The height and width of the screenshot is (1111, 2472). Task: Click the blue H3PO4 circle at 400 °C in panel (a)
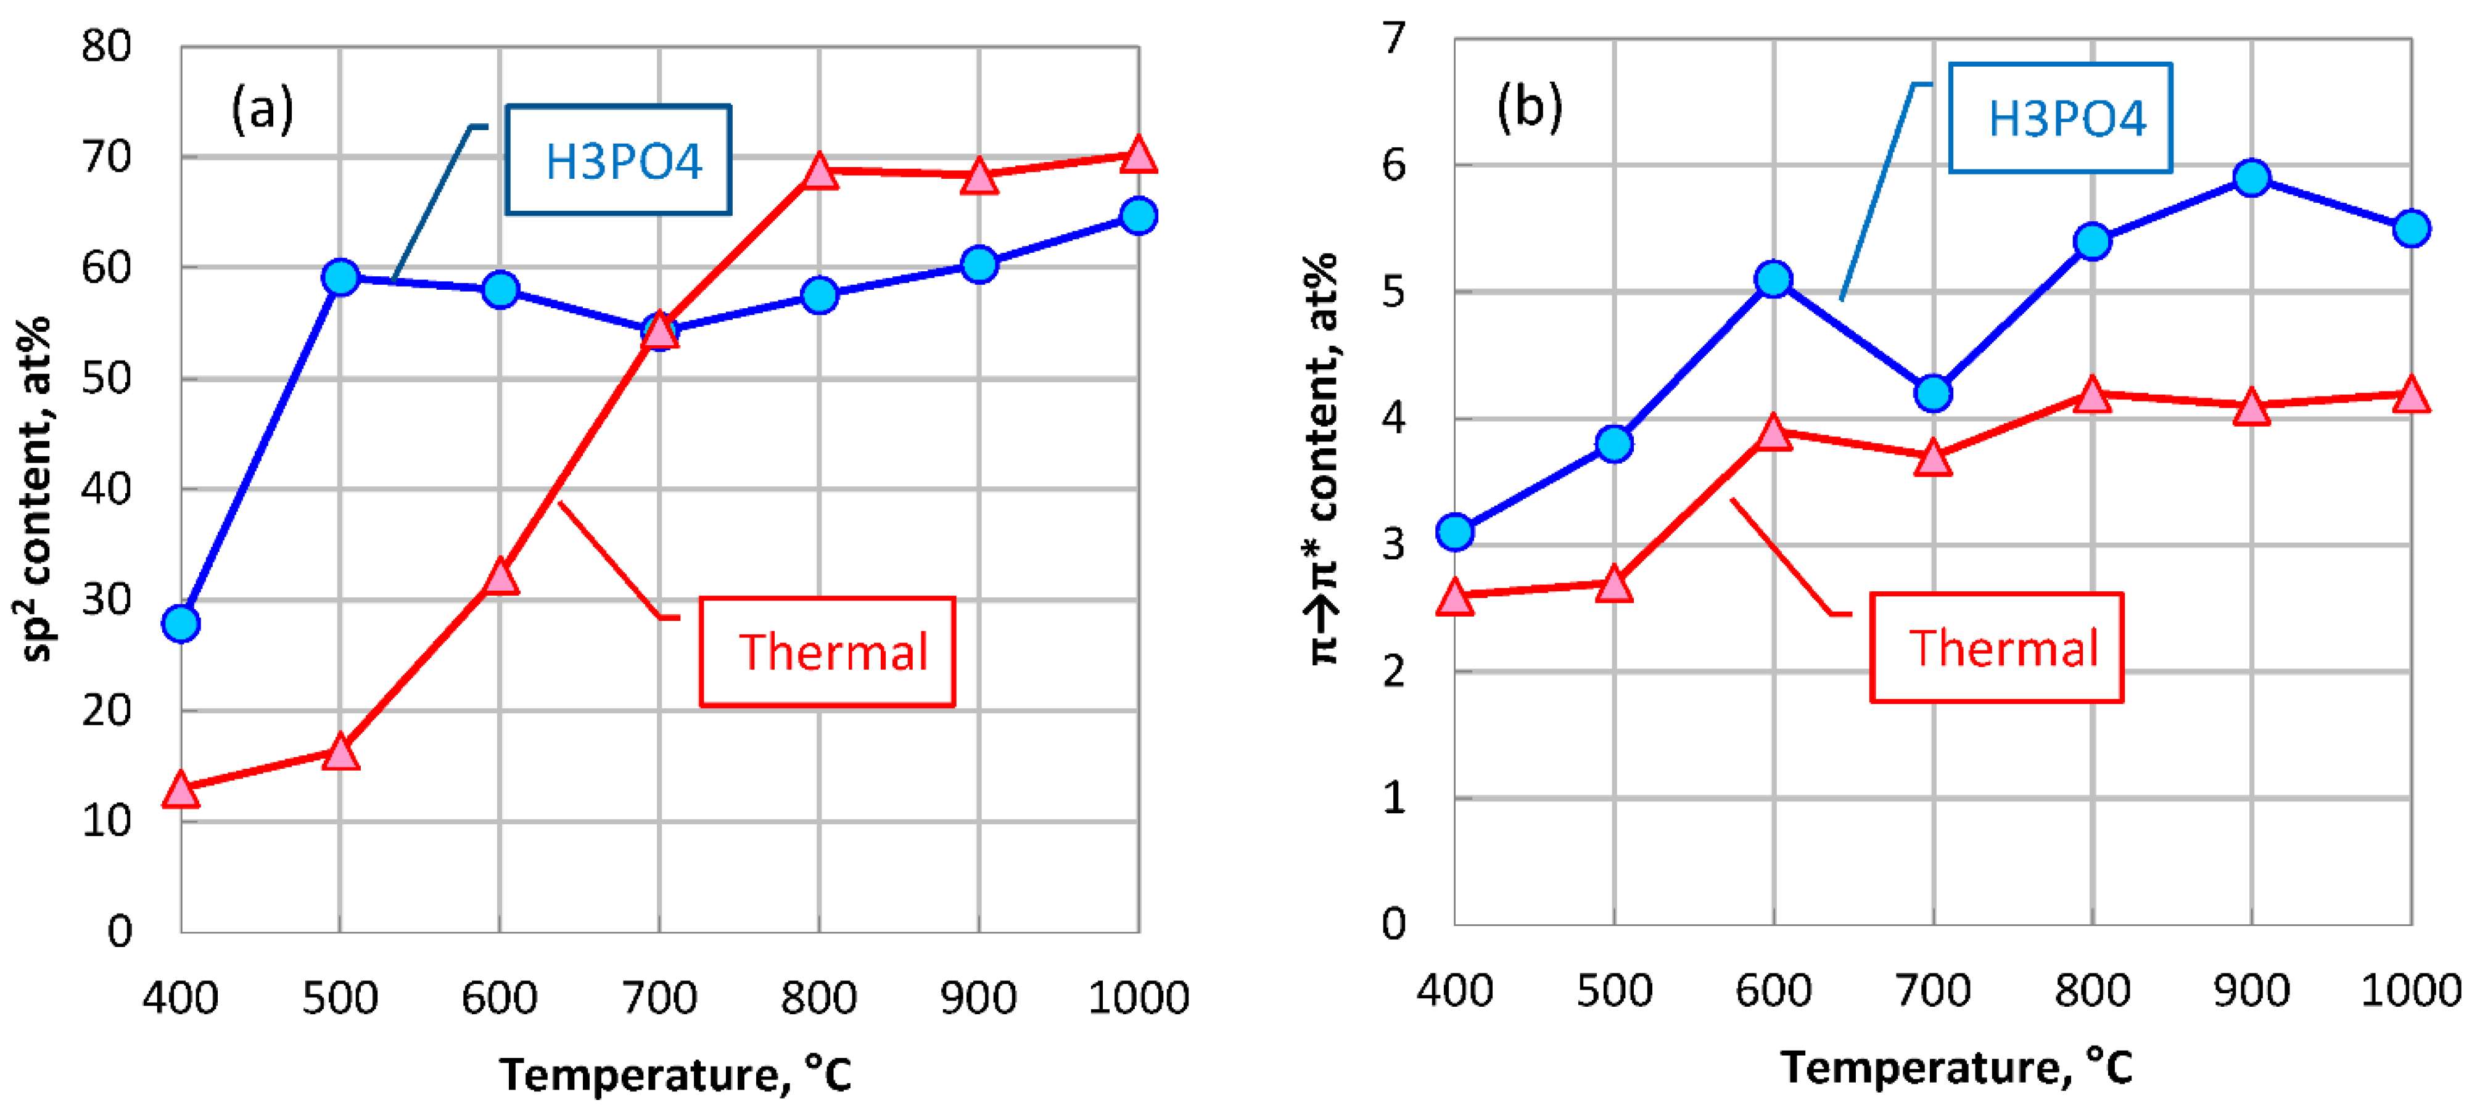[181, 623]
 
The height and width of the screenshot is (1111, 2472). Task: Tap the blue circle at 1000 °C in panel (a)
[1138, 216]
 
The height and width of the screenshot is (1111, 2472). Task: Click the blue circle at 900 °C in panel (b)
[2251, 178]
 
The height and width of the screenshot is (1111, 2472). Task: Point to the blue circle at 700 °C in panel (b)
[1933, 392]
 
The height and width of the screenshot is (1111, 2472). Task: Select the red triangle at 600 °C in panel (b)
[1773, 433]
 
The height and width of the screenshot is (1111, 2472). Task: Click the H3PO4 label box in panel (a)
[619, 159]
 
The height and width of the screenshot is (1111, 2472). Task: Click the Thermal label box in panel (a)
[827, 652]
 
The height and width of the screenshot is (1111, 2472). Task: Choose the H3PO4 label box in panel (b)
[2061, 118]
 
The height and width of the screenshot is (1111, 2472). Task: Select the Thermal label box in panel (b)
[1997, 647]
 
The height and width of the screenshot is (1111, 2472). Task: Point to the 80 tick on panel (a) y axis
[107, 46]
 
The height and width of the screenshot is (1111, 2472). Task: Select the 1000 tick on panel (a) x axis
[1138, 998]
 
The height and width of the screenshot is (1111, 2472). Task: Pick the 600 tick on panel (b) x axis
[1773, 990]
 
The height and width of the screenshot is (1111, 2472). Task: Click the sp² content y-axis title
[36, 490]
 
